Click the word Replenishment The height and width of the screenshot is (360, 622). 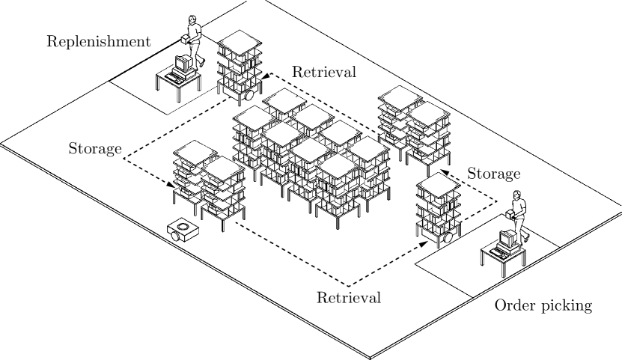coord(98,40)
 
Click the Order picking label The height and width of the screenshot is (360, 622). coord(543,305)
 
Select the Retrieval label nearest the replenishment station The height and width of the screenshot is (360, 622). coord(323,73)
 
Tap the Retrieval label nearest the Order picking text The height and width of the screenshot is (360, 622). coord(348,297)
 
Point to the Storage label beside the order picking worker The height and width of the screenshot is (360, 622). coord(493,174)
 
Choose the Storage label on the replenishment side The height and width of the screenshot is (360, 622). coord(94,148)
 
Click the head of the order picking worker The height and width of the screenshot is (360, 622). coord(517,196)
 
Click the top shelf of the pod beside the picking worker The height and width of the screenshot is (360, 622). coord(439,183)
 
